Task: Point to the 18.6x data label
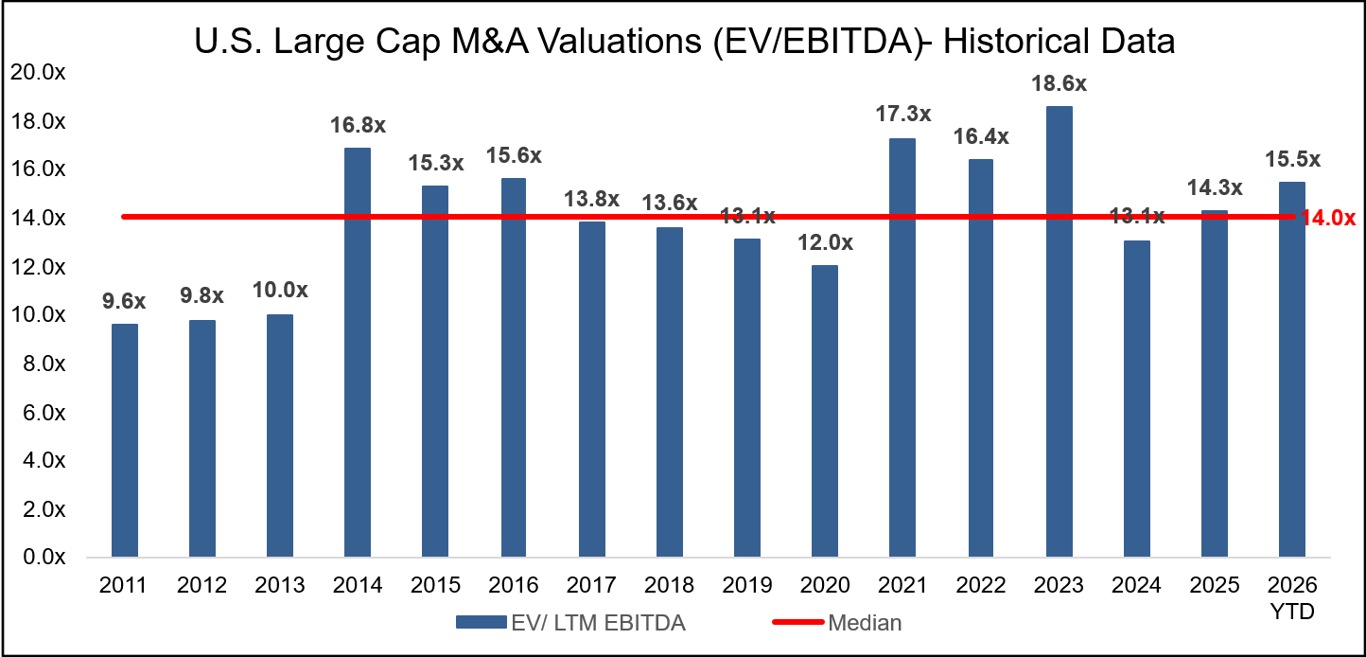[1060, 83]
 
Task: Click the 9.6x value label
[124, 302]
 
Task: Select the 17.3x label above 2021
[903, 115]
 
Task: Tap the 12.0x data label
[825, 242]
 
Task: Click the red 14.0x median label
[1328, 219]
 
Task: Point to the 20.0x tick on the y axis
[38, 72]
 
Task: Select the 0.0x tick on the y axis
[42, 558]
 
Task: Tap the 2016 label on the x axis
[514, 585]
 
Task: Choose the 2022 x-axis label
[981, 585]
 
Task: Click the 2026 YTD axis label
[1292, 596]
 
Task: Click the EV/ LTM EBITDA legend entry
[570, 622]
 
